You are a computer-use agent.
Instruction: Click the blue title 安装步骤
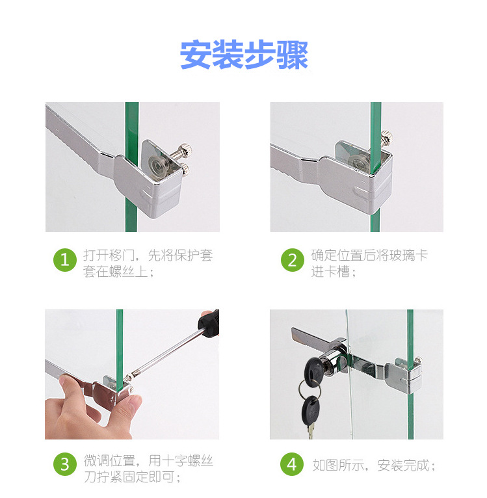[x=244, y=55]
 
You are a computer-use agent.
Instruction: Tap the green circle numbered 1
[x=64, y=261]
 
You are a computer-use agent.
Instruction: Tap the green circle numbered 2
[x=292, y=261]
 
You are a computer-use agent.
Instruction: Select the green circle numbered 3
[x=64, y=464]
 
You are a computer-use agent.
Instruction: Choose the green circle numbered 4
[x=292, y=464]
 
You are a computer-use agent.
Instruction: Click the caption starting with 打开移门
[x=148, y=263]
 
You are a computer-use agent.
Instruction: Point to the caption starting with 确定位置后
[x=369, y=263]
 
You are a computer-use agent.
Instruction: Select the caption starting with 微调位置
[x=148, y=468]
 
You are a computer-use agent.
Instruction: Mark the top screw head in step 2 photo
[x=387, y=137]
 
